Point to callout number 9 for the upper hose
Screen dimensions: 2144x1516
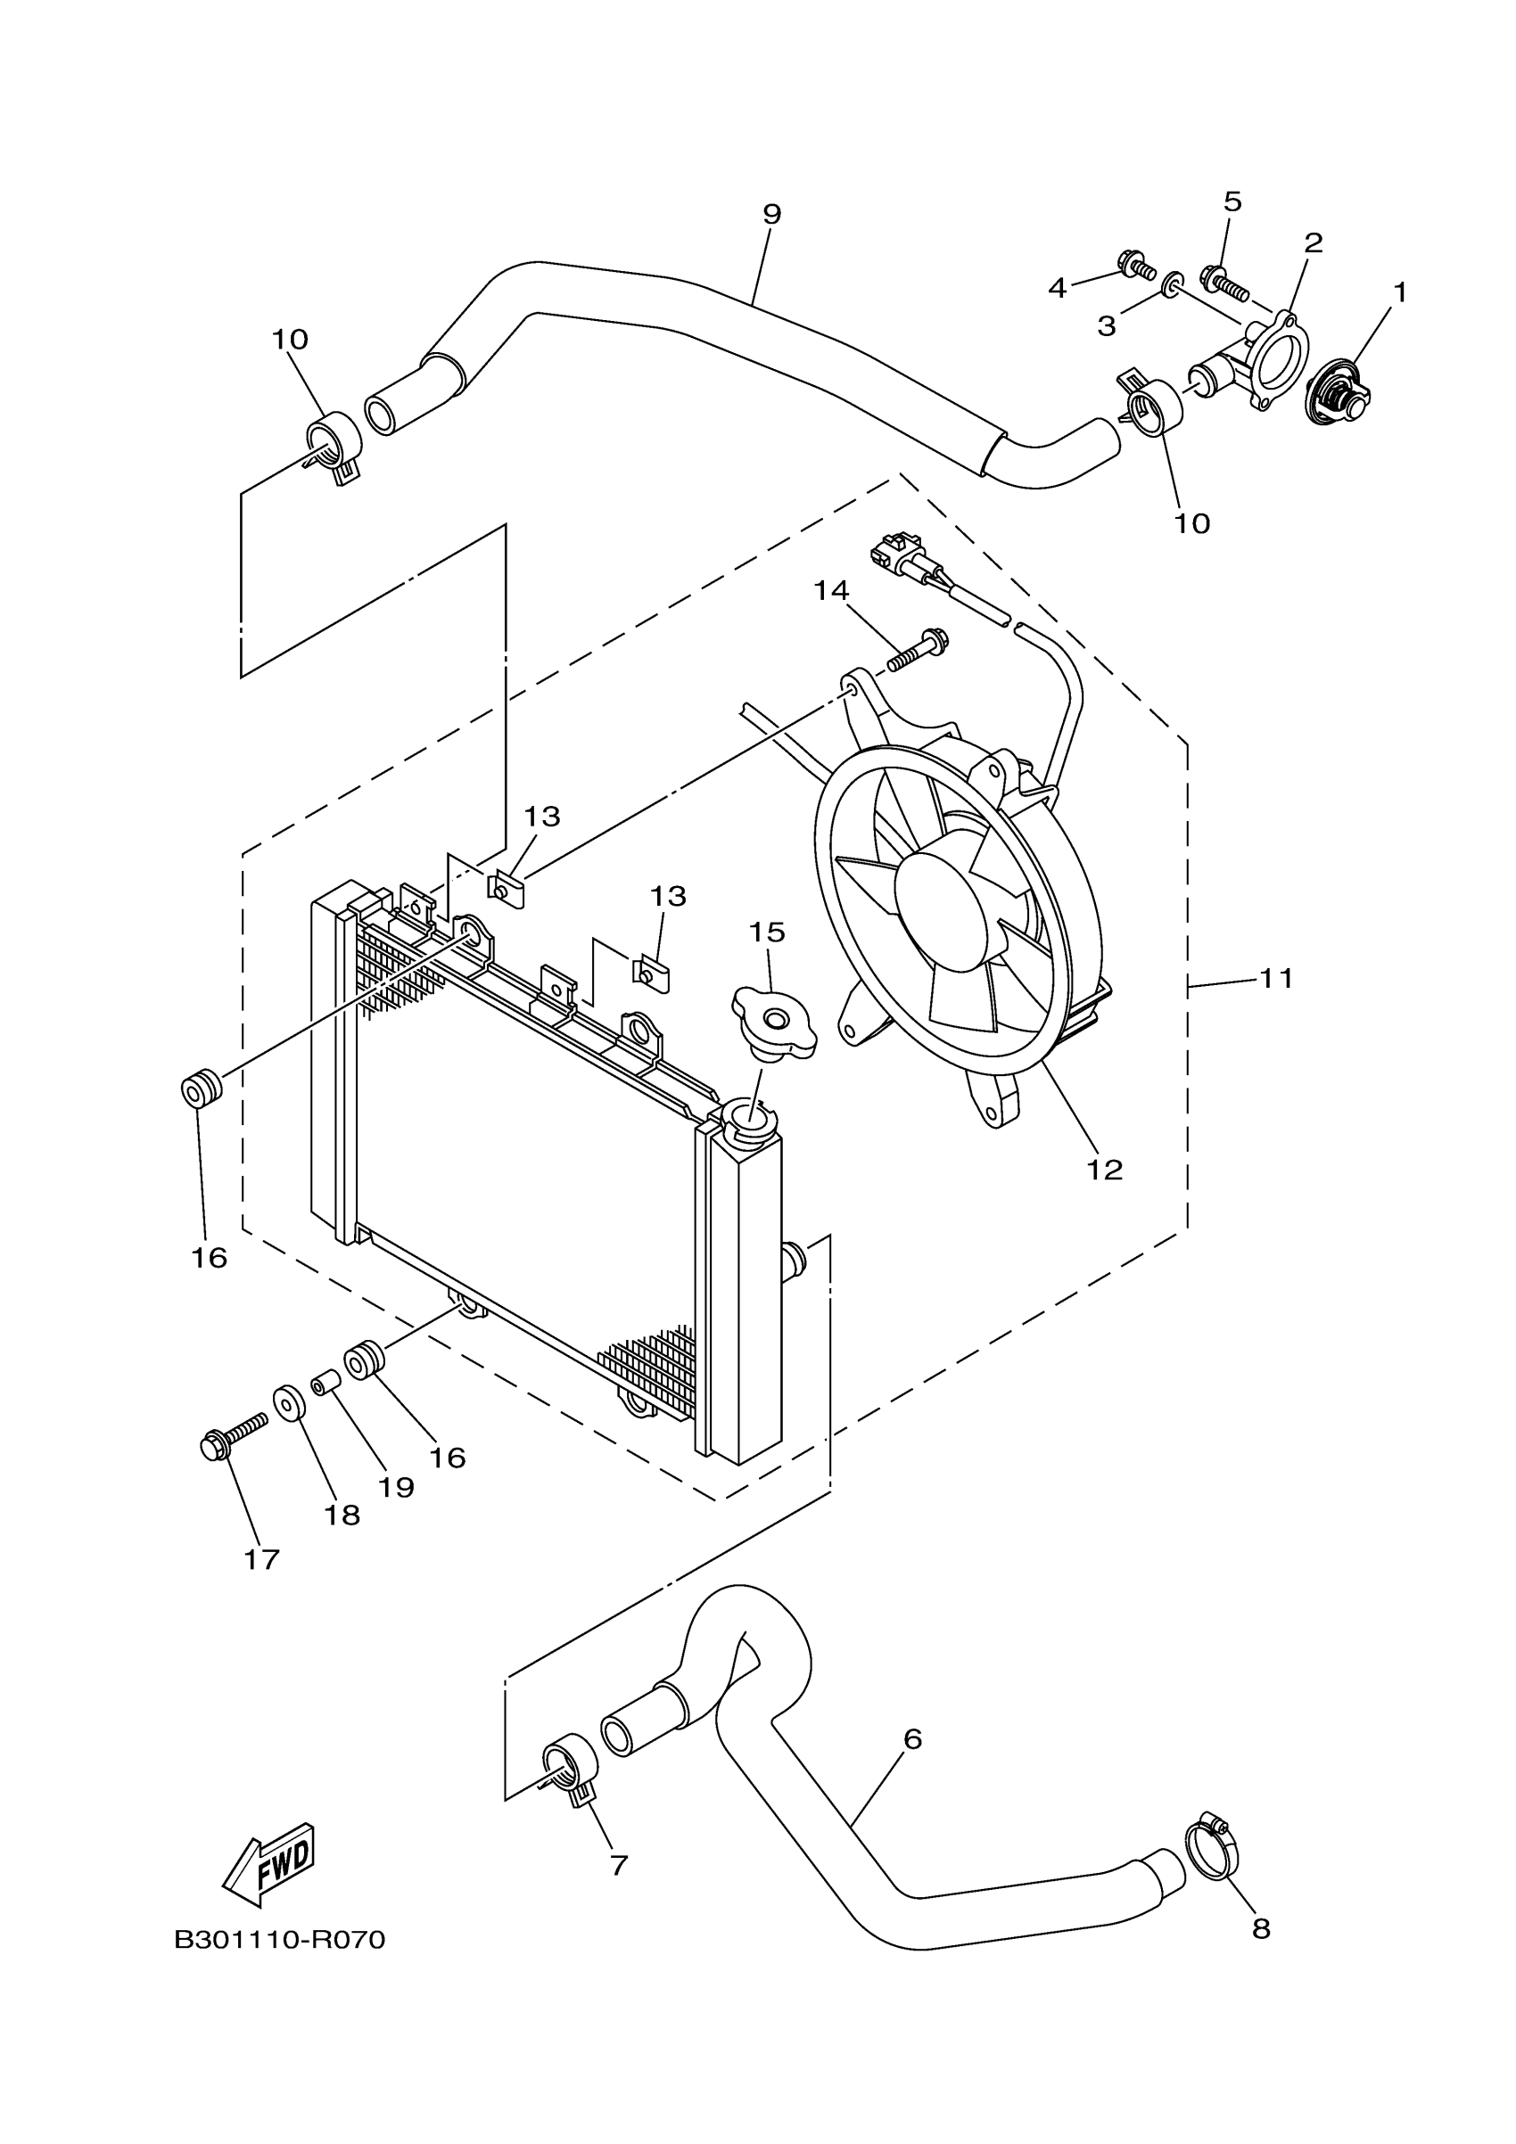[x=771, y=214]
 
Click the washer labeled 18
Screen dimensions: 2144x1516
[x=289, y=1402]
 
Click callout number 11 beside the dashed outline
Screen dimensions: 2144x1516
[x=1277, y=979]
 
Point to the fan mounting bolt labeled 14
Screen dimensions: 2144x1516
[x=918, y=652]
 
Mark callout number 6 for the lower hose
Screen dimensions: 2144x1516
[x=912, y=1738]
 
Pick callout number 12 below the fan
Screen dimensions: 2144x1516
[x=1104, y=1169]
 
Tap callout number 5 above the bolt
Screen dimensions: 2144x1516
[x=1232, y=201]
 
